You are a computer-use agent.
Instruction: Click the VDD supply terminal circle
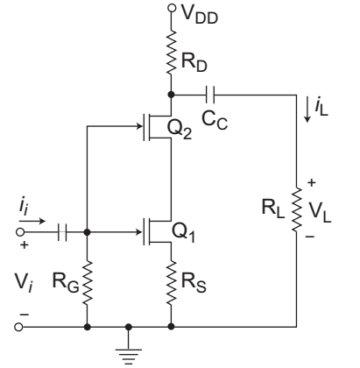172,8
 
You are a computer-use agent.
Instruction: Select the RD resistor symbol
172,52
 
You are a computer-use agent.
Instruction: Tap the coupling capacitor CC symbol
210,95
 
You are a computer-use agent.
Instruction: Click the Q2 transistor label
180,129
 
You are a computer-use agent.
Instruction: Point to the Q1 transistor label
183,232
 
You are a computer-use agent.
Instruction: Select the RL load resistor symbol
297,209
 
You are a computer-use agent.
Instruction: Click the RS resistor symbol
172,283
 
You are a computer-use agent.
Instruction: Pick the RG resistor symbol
87,283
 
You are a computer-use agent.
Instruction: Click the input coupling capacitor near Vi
62,232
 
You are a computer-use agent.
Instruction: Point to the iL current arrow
307,111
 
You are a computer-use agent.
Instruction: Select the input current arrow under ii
32,221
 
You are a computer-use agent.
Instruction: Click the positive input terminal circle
19,232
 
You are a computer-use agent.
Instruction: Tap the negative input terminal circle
18,327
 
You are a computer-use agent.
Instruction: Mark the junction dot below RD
172,95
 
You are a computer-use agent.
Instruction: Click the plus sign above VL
312,182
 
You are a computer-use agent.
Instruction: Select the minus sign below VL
310,237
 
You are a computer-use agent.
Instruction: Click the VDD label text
200,14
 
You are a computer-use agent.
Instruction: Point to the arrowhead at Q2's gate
140,126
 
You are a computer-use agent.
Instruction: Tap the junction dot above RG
87,232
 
